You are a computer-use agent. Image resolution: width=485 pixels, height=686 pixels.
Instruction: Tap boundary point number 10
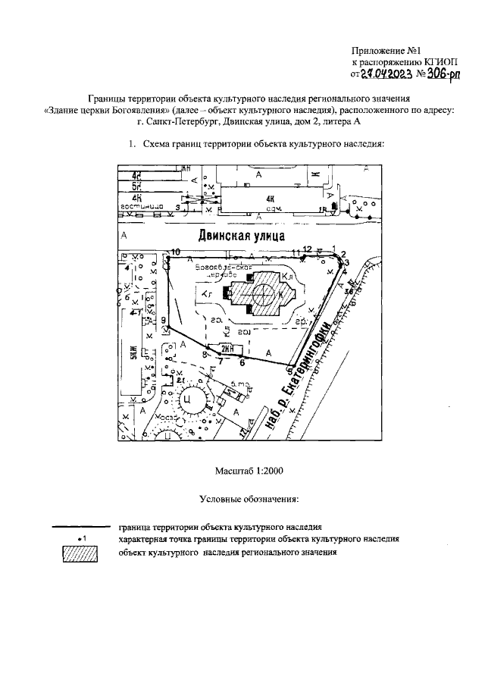pyautogui.click(x=167, y=258)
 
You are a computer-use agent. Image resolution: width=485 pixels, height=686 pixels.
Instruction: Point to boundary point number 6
pyautogui.click(x=242, y=356)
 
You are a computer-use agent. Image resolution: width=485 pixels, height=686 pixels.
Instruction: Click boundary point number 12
pyautogui.click(x=304, y=257)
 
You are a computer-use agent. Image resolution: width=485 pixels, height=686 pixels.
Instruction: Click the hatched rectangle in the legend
pyautogui.click(x=80, y=554)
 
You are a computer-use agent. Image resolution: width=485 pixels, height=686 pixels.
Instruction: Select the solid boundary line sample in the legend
pyautogui.click(x=80, y=525)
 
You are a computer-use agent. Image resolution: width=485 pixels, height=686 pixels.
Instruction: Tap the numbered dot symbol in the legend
pyautogui.click(x=80, y=538)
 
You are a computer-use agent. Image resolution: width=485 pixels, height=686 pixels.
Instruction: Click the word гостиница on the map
pyautogui.click(x=142, y=205)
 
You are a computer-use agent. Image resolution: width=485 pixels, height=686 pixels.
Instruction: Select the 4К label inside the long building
pyautogui.click(x=268, y=199)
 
